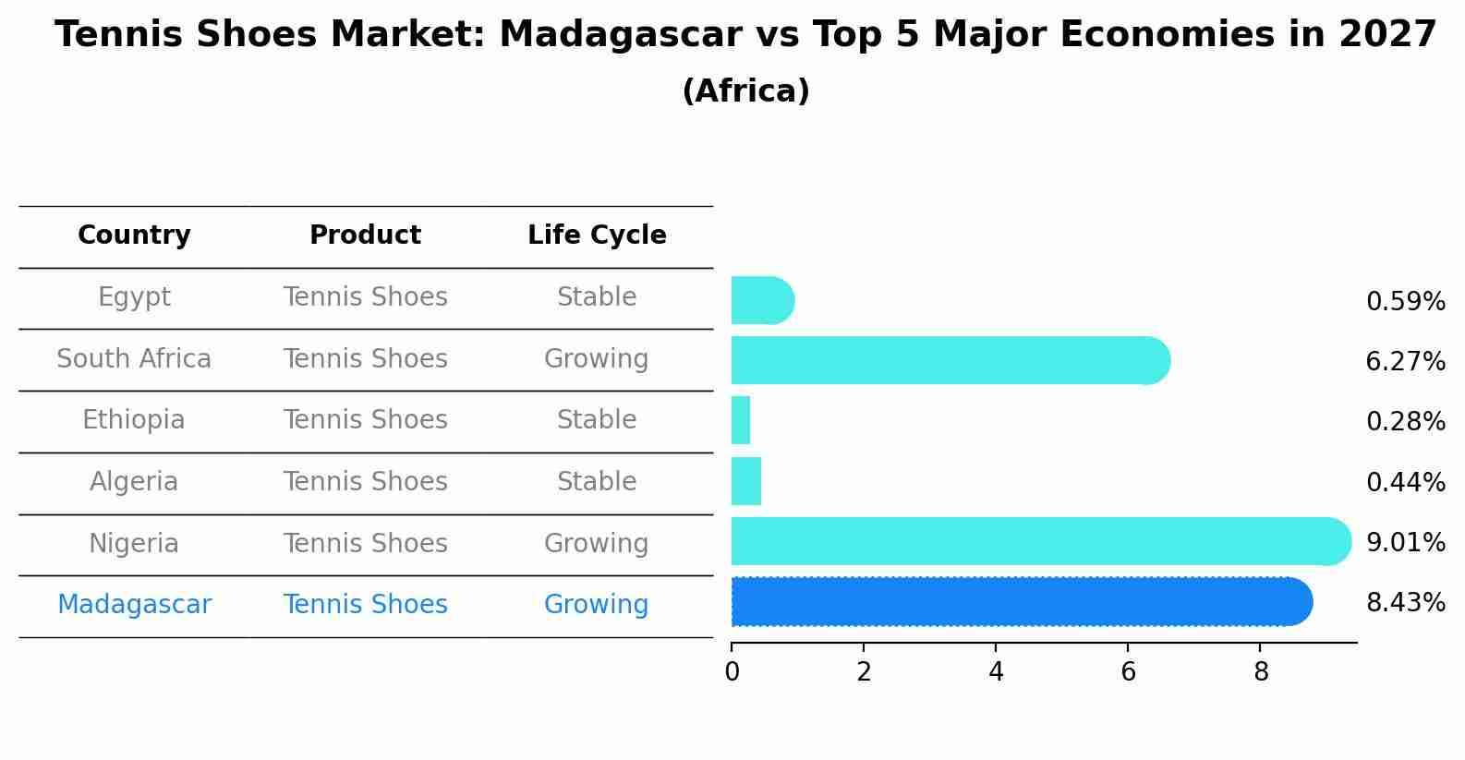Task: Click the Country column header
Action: click(134, 235)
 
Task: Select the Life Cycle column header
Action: click(597, 235)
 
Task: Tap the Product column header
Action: click(365, 235)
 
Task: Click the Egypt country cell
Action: click(134, 297)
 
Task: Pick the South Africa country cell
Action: click(134, 358)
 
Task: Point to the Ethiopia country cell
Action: click(134, 420)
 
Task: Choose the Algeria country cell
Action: click(134, 482)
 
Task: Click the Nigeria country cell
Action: click(134, 543)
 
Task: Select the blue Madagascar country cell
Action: click(134, 605)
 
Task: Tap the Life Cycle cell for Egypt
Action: click(597, 297)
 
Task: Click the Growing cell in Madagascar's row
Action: click(597, 605)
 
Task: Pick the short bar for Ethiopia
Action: click(741, 421)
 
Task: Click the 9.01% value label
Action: click(1405, 543)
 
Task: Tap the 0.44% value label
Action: click(1405, 482)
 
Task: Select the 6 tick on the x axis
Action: click(1128, 672)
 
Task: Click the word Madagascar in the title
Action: click(620, 35)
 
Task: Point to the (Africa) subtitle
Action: click(745, 91)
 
